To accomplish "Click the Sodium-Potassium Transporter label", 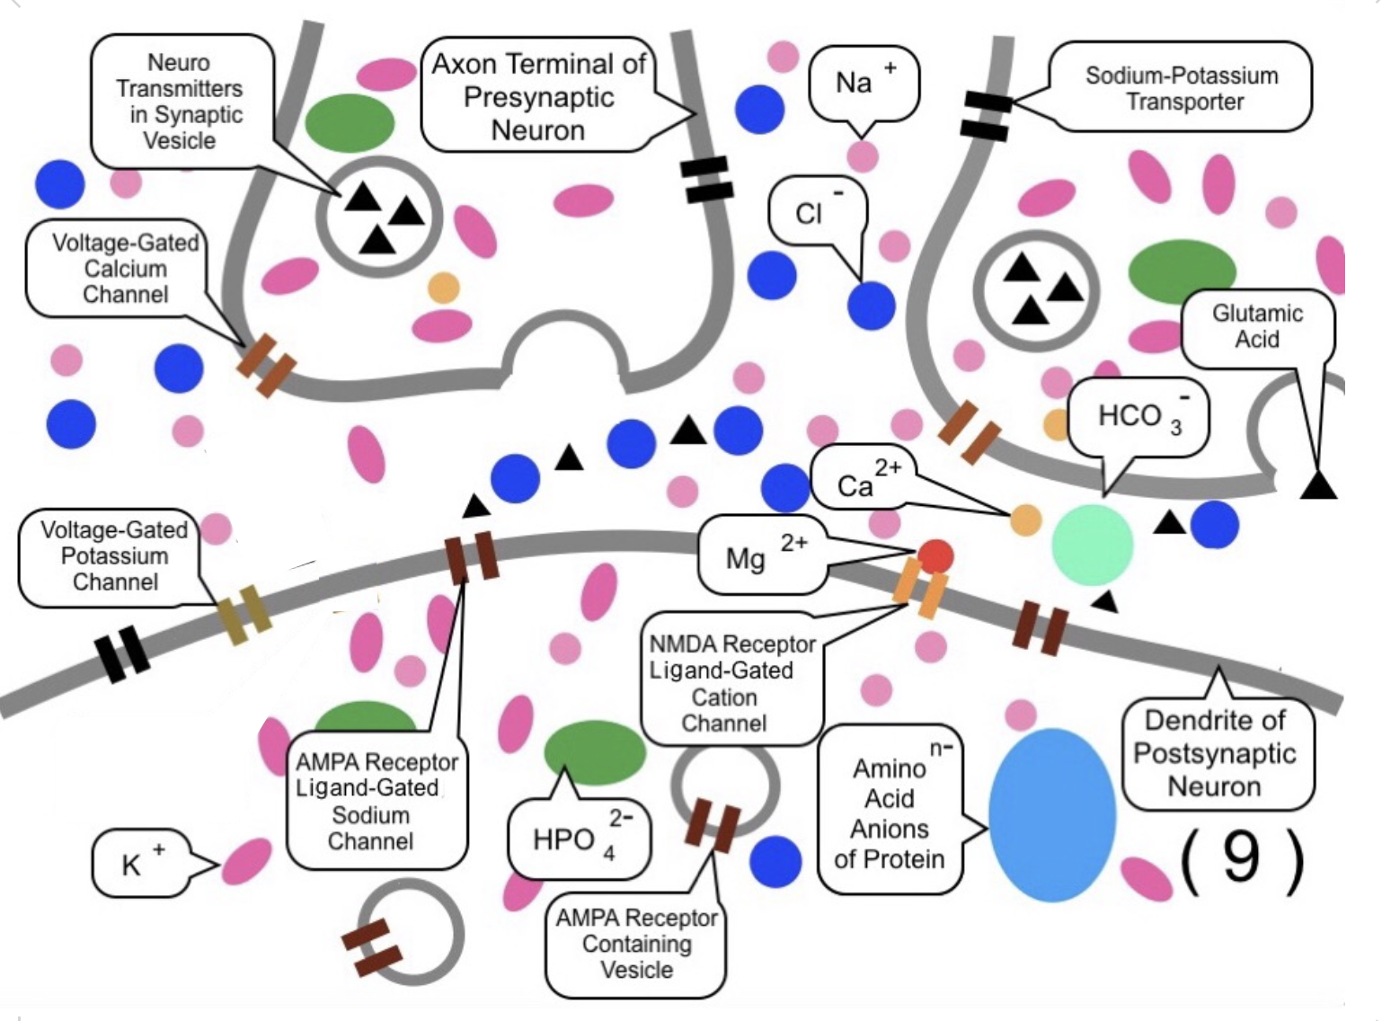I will [x=1181, y=87].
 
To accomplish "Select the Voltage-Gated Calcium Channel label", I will [x=124, y=269].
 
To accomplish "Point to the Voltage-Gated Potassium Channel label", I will [x=114, y=556].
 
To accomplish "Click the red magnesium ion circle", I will [x=935, y=556].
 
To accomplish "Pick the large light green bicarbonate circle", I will [x=1092, y=544].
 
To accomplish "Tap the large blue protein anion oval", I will [x=1051, y=814].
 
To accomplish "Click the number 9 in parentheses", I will [x=1242, y=859].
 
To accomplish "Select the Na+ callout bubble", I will [x=863, y=84].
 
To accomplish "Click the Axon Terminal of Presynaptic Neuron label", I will [x=538, y=96].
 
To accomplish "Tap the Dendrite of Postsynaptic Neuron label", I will [x=1215, y=753].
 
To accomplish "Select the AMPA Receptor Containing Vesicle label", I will [x=636, y=944].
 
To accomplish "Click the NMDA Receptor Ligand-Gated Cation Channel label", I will [x=731, y=683].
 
